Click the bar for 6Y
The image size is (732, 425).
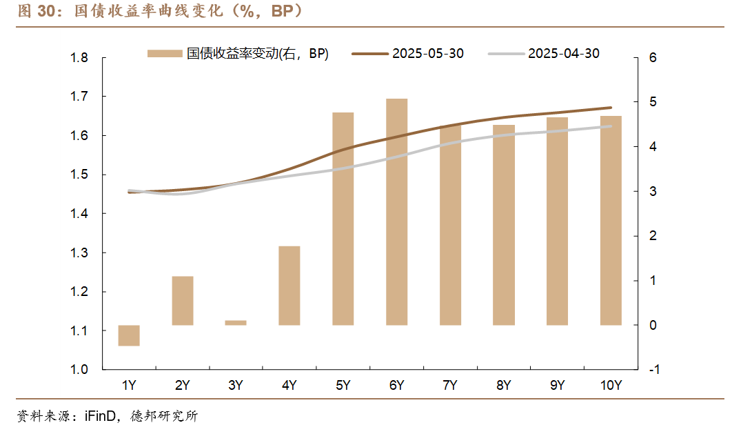[x=396, y=212]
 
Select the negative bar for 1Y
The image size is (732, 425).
[x=129, y=335]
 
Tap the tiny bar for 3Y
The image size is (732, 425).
[x=236, y=322]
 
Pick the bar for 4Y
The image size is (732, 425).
[x=289, y=285]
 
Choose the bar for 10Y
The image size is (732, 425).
[x=611, y=220]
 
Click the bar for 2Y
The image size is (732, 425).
[x=183, y=300]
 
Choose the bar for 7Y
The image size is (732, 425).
[x=450, y=225]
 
